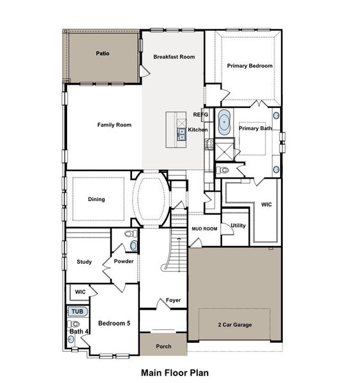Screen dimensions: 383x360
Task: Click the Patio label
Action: (102, 54)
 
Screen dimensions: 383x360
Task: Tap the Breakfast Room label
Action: (174, 57)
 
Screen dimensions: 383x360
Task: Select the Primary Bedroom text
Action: (250, 66)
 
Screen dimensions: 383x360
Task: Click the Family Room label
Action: (114, 125)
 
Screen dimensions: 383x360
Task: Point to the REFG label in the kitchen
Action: (200, 114)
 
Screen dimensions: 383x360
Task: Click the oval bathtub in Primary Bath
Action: (224, 122)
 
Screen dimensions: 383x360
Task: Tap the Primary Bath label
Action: (255, 129)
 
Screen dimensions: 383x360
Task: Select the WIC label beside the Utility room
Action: (266, 205)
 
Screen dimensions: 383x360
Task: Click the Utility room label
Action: (238, 225)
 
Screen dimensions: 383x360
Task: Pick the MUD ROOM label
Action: (204, 228)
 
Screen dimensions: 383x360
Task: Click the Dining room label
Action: (96, 199)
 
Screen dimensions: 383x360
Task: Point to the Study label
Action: (84, 262)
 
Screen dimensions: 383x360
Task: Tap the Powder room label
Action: (123, 262)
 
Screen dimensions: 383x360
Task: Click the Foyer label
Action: (173, 300)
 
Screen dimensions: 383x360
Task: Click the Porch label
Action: (163, 347)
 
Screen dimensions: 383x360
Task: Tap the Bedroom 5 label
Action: (114, 324)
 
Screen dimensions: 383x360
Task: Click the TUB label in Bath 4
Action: (77, 312)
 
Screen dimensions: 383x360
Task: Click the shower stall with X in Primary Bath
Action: (225, 151)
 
